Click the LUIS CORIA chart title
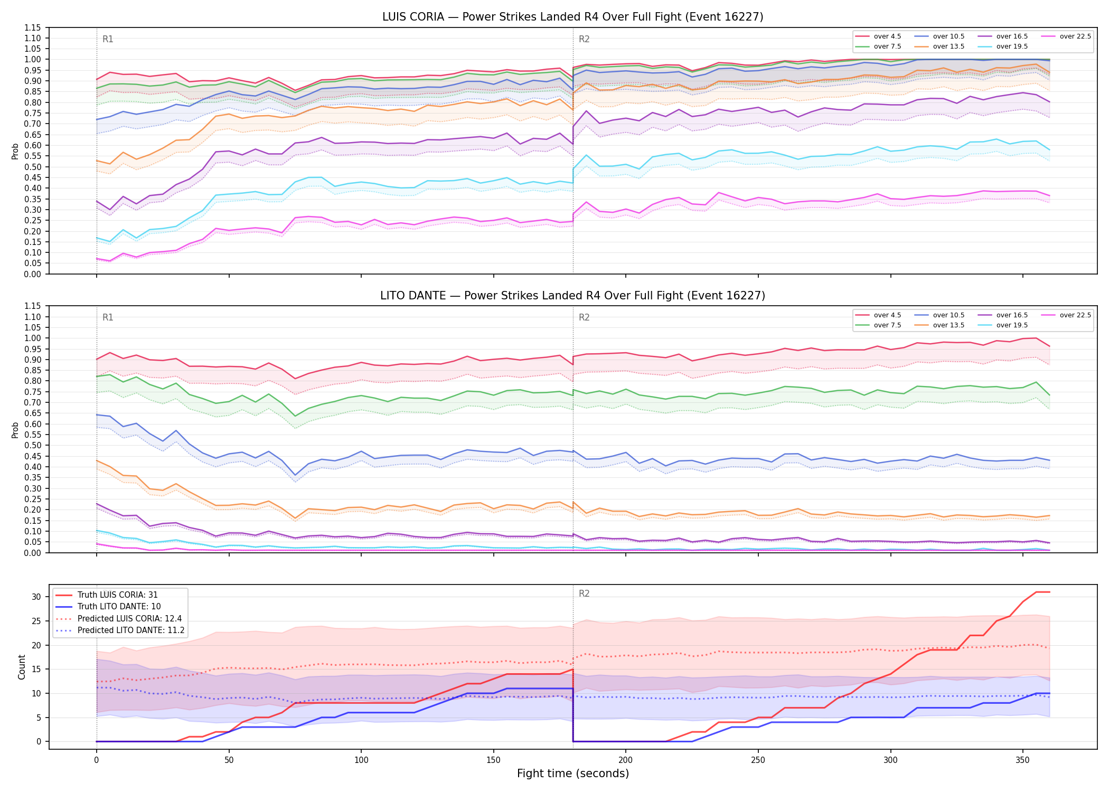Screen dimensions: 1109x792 click(x=572, y=17)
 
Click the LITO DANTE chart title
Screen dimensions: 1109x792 click(x=572, y=296)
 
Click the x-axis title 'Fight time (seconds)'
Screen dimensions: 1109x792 click(x=573, y=774)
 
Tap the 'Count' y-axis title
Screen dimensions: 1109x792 click(x=22, y=667)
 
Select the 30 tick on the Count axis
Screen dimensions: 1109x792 click(x=36, y=597)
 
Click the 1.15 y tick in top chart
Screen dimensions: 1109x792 click(x=33, y=27)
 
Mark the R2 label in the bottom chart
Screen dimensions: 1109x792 click(x=584, y=593)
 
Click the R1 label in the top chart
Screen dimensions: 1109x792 click(x=108, y=39)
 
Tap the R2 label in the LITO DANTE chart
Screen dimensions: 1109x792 click(x=584, y=317)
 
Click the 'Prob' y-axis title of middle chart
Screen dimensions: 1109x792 click(x=15, y=430)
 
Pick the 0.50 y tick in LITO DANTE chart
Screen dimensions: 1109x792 click(x=33, y=446)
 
